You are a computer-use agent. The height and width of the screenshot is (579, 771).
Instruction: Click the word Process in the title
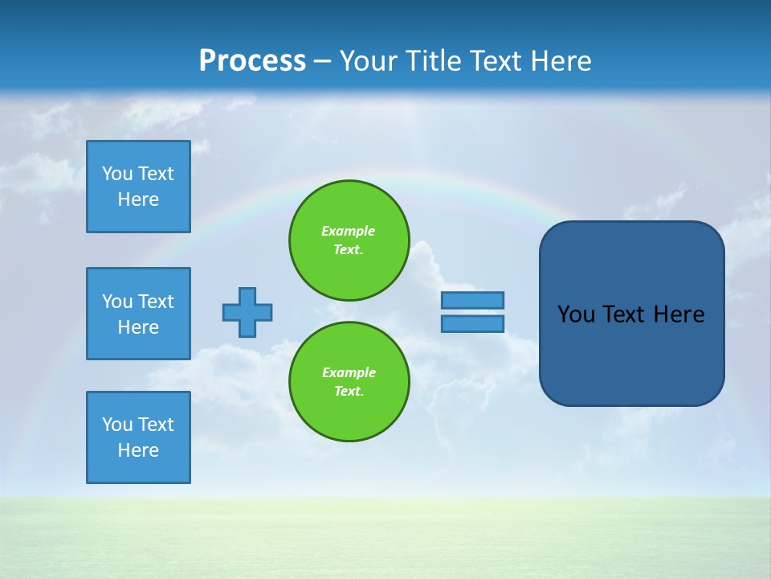252,61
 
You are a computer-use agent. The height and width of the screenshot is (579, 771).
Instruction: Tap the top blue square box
138,187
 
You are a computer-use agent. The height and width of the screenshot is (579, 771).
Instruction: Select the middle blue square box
138,314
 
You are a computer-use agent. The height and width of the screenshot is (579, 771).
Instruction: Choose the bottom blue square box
138,437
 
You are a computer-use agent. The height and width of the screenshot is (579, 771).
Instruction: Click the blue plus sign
247,312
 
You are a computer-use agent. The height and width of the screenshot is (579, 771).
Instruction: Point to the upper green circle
349,240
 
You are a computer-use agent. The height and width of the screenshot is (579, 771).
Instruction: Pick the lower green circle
349,382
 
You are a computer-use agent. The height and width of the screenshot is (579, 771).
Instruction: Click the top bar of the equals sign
472,300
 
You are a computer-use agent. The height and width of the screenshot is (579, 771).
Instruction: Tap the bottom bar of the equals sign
472,324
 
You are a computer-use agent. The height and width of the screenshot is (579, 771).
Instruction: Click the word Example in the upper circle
348,231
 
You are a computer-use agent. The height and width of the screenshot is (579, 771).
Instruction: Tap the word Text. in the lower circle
349,392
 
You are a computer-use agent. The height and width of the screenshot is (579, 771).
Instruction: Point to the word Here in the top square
138,199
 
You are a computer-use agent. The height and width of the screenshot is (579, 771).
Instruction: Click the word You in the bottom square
117,425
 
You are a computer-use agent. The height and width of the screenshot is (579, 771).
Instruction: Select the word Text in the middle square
155,302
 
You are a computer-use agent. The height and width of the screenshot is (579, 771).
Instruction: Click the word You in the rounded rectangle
576,314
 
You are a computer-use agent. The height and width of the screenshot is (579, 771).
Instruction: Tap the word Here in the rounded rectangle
679,314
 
